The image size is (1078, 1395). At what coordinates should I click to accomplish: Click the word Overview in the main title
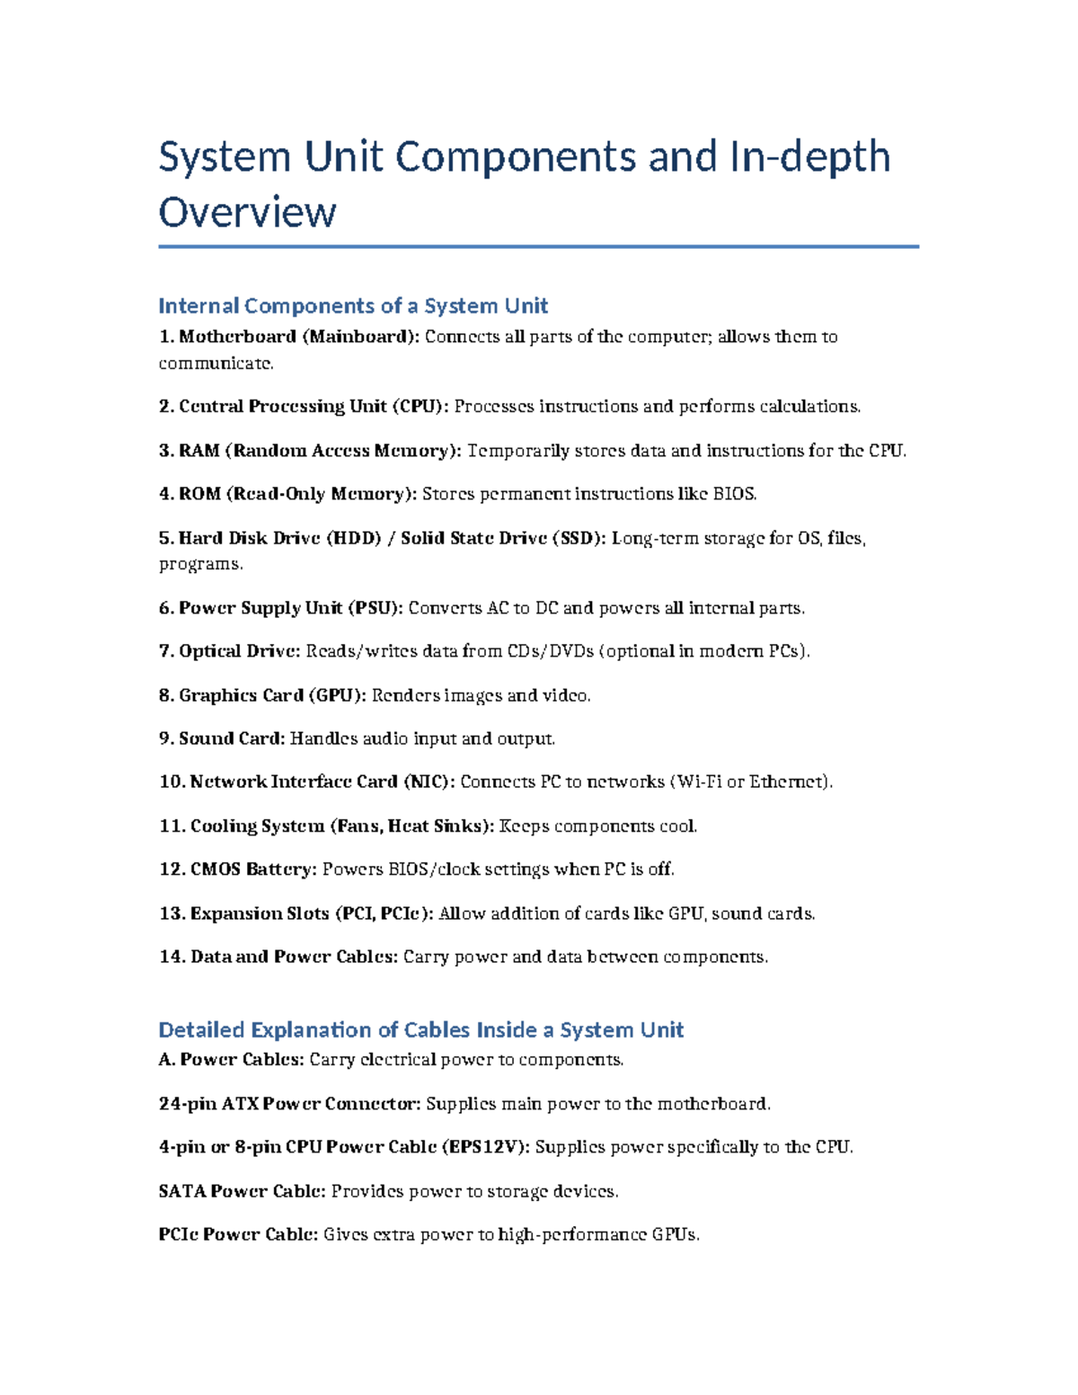tap(247, 212)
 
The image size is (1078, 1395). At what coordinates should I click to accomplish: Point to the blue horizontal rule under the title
tap(538, 246)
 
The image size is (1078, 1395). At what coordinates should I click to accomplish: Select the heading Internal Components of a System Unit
tap(352, 305)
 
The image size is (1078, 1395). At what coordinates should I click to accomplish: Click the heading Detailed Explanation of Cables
tap(420, 1029)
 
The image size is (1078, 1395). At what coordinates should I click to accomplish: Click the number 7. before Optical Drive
tap(166, 651)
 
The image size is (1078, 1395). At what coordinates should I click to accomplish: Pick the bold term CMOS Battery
tap(252, 870)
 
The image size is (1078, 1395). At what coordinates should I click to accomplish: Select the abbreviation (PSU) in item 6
tap(375, 608)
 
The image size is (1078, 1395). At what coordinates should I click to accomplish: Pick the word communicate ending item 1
tap(214, 363)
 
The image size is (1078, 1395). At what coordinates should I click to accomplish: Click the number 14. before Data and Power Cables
tap(172, 957)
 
